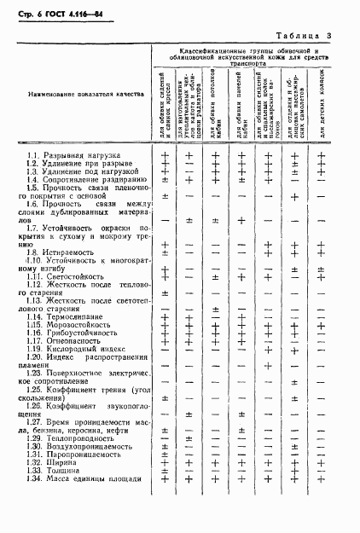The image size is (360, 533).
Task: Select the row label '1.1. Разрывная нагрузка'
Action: [73, 155]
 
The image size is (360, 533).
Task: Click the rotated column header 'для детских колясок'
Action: [322, 111]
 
